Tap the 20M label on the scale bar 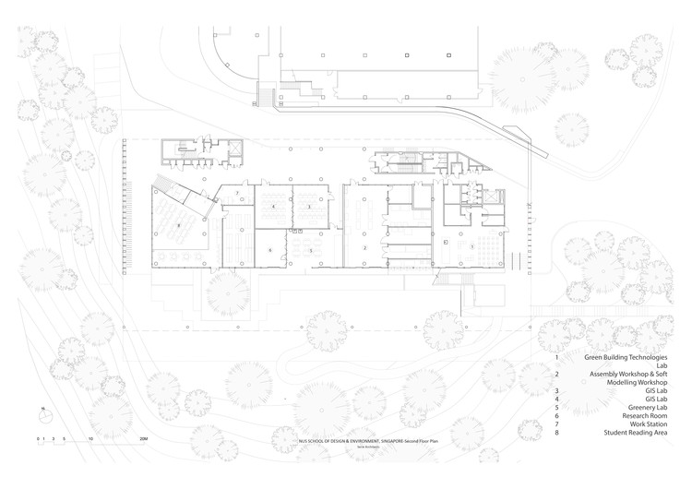144,436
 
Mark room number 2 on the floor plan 365,248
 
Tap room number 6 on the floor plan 269,250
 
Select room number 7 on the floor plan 237,193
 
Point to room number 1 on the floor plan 472,246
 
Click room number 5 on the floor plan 311,250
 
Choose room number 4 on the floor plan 273,207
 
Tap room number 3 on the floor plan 309,207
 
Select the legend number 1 556,356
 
